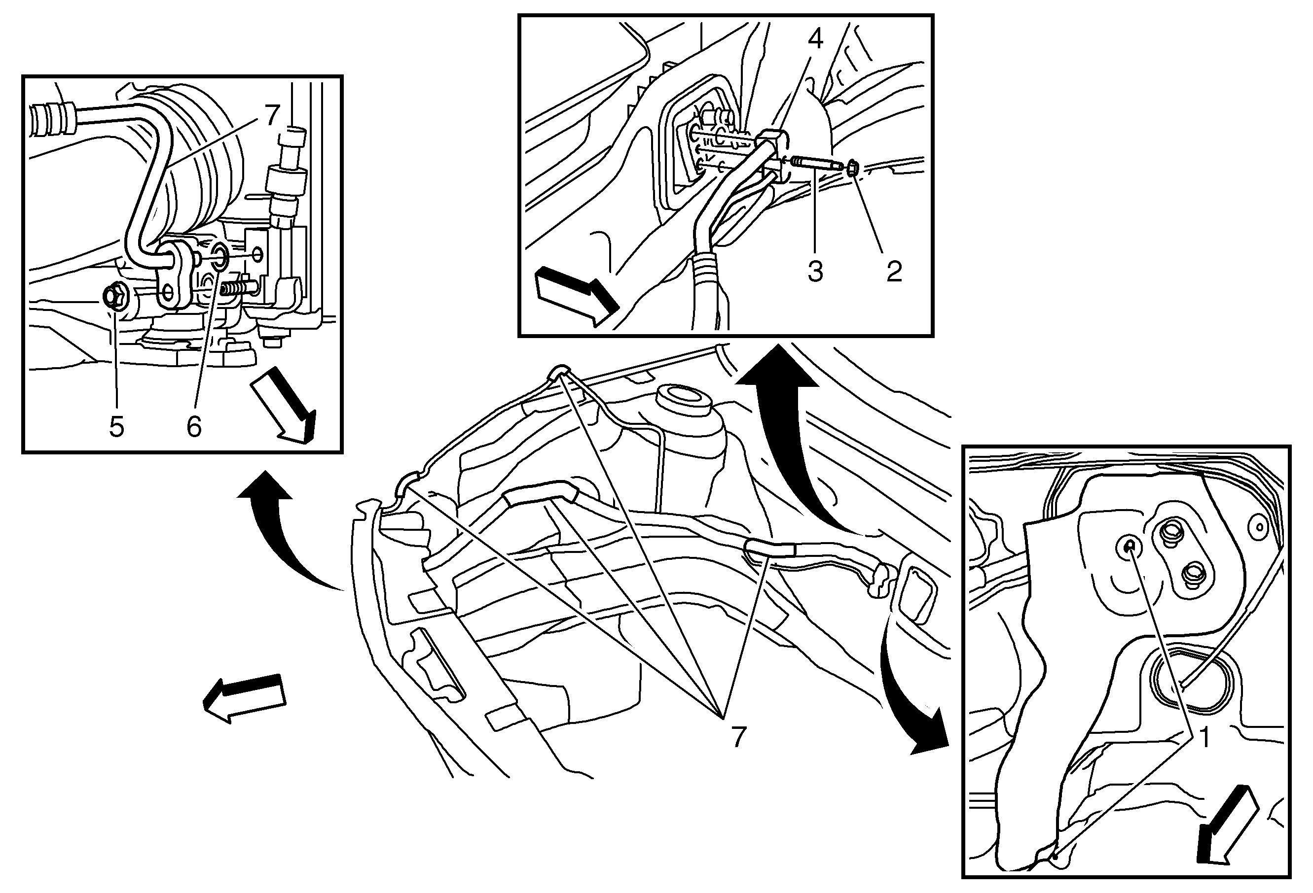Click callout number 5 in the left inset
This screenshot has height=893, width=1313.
click(x=116, y=427)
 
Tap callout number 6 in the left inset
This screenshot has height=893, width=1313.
click(x=194, y=427)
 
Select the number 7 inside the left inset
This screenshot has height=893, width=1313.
click(x=272, y=116)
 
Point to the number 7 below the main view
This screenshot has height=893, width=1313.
click(x=738, y=737)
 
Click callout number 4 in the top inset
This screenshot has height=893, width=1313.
click(x=815, y=38)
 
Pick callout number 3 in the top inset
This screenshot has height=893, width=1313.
click(x=815, y=272)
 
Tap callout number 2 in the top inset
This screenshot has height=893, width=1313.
click(x=894, y=272)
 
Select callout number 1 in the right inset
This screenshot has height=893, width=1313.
click(x=1204, y=738)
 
